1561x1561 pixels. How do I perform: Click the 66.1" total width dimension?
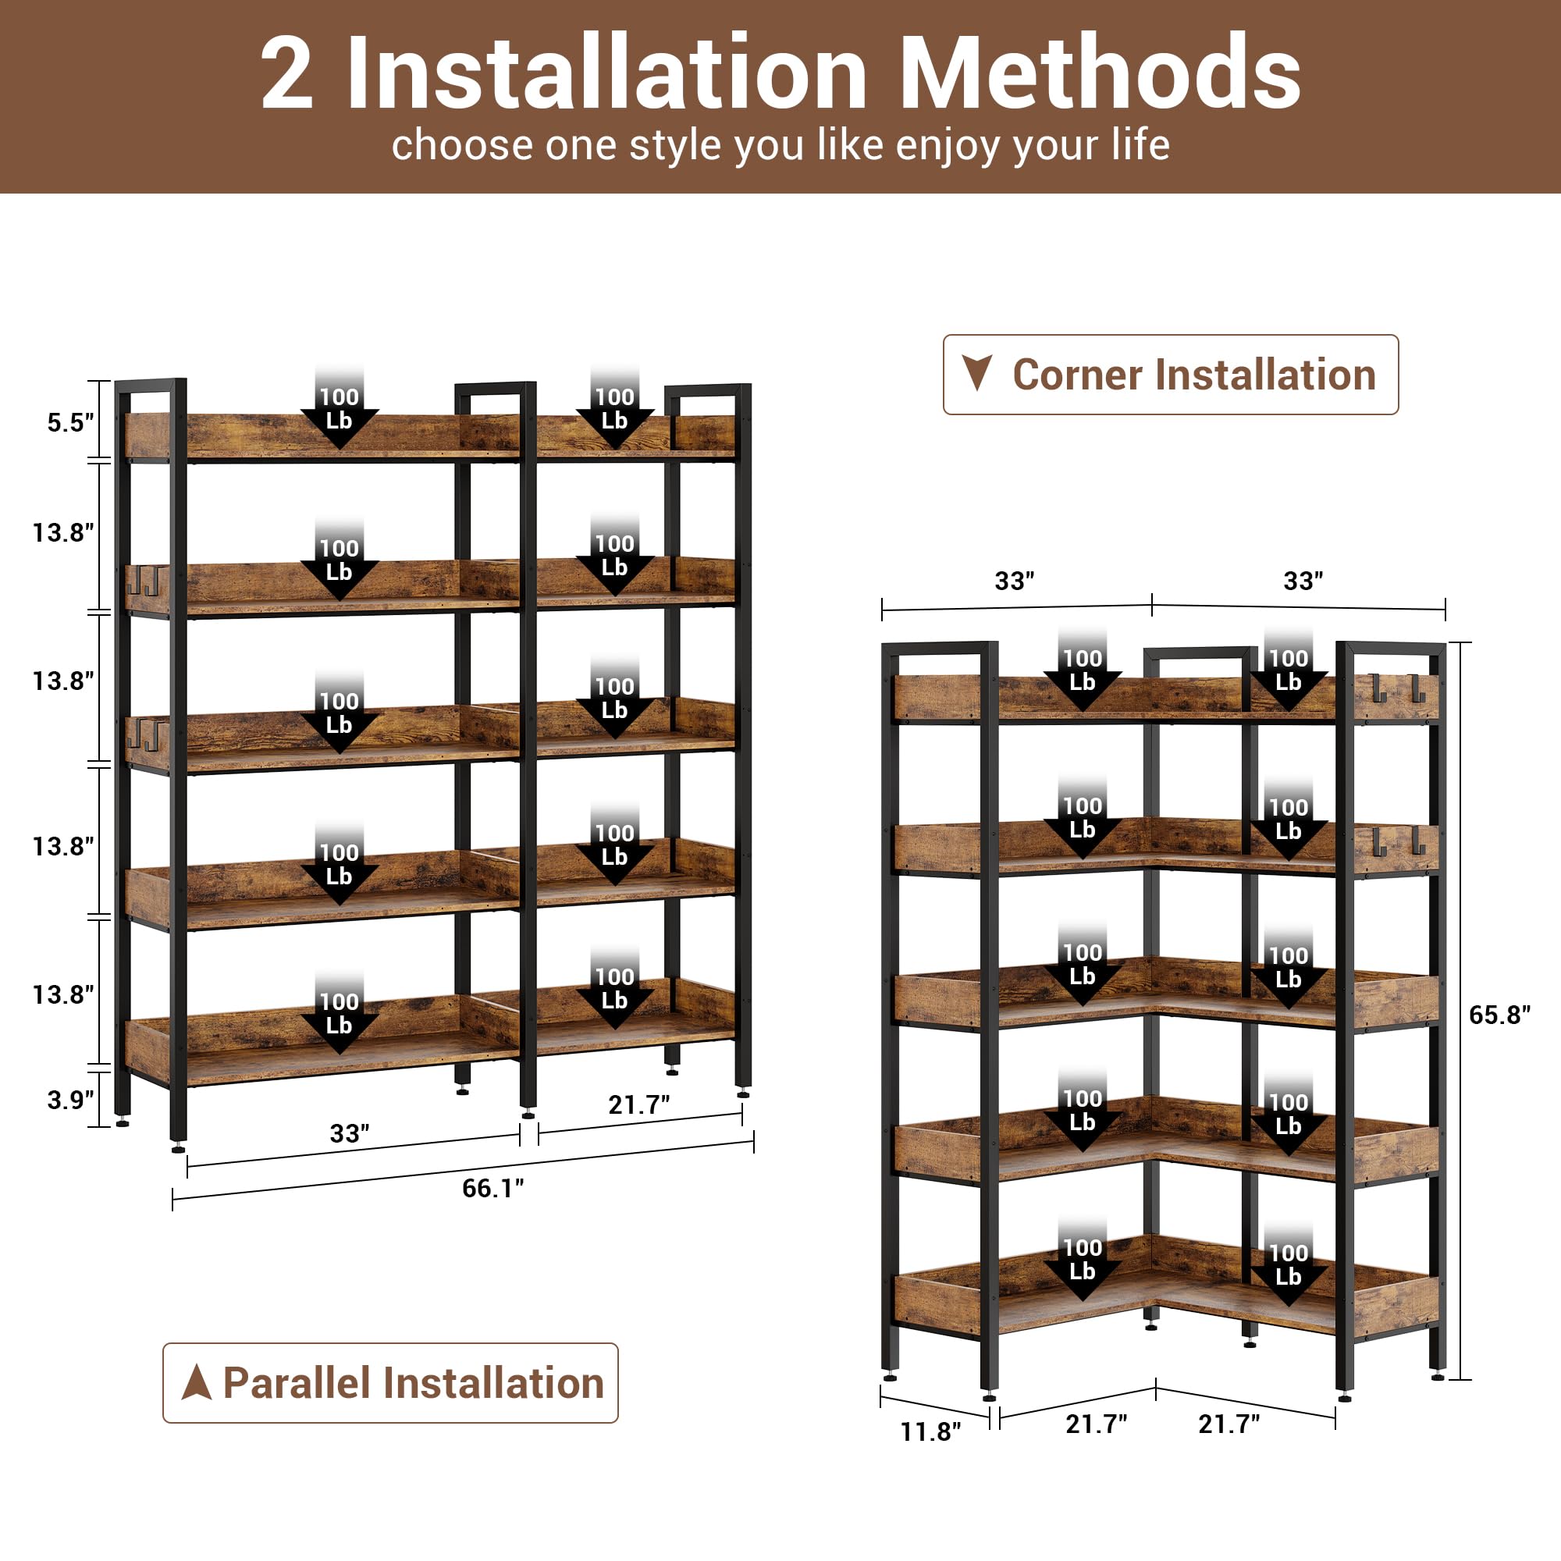(x=492, y=1189)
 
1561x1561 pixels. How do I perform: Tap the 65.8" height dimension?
(x=1499, y=1015)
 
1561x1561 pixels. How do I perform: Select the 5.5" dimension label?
(x=70, y=422)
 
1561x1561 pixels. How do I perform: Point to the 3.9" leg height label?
(x=70, y=1100)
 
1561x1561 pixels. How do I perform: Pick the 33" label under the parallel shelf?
(x=349, y=1133)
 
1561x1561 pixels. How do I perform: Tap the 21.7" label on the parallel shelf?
(x=638, y=1104)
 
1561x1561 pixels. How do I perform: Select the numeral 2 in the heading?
(x=286, y=74)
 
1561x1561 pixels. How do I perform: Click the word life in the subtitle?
(x=1140, y=145)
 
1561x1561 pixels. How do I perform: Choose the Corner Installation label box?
(x=1170, y=375)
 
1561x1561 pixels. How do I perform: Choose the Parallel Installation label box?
(x=390, y=1382)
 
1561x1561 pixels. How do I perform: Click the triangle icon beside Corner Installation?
(x=977, y=373)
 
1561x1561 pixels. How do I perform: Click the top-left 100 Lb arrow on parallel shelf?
(x=340, y=412)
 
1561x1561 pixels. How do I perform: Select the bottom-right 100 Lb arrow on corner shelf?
(x=1288, y=1270)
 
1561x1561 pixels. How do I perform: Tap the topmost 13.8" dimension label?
(x=63, y=532)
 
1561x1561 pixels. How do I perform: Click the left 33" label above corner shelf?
(x=1014, y=581)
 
